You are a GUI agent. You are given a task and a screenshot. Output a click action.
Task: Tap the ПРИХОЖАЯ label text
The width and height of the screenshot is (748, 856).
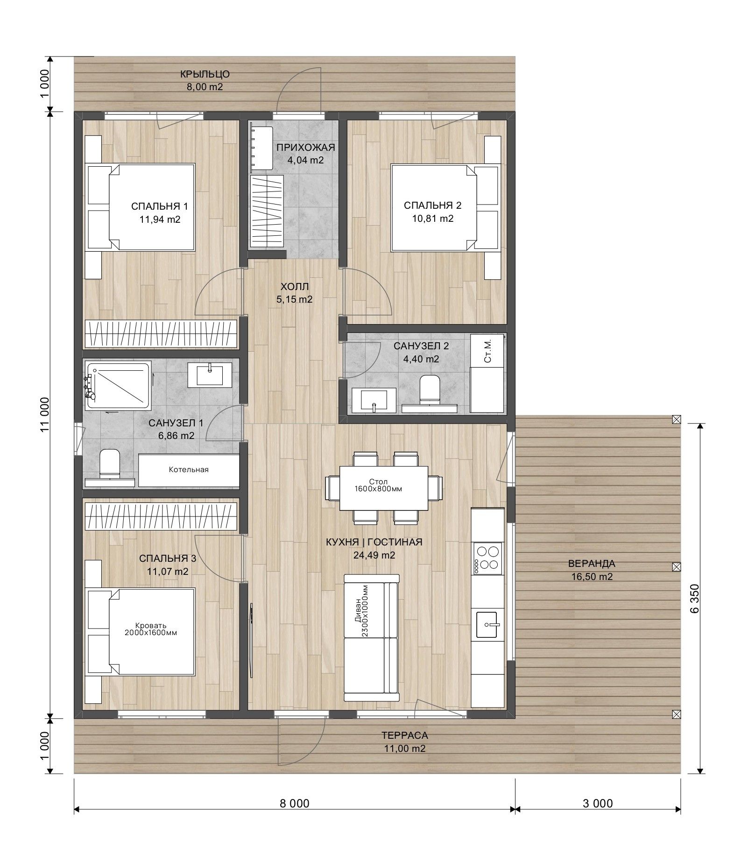tap(305, 148)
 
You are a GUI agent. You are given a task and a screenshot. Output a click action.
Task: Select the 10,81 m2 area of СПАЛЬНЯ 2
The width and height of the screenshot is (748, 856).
tap(432, 218)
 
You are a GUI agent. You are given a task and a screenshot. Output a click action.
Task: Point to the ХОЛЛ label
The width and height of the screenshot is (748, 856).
tap(295, 287)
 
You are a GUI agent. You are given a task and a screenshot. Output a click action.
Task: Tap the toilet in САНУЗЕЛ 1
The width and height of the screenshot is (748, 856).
tap(110, 463)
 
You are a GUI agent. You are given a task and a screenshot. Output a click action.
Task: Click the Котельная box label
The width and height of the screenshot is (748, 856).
tap(189, 469)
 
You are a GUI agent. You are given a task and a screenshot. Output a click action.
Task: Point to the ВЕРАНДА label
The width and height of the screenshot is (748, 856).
tap(592, 563)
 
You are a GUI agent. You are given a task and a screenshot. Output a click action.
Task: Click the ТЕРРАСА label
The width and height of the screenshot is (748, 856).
tap(404, 736)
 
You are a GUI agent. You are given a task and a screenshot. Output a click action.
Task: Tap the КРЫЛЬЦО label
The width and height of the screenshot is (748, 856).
tap(205, 74)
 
